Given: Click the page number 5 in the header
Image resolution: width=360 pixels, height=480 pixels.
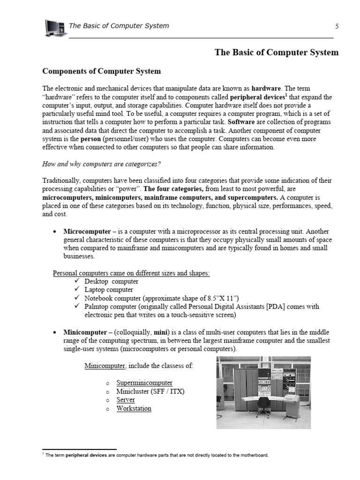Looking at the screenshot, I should (x=337, y=26).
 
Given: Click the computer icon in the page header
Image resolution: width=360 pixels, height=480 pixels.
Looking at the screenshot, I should (x=54, y=28).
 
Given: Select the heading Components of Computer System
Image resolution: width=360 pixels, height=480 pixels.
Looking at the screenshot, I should (x=102, y=71).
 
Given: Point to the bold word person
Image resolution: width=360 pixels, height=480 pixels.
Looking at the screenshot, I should (x=90, y=139).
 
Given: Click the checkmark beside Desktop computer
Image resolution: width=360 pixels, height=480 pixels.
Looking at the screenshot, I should (x=77, y=281).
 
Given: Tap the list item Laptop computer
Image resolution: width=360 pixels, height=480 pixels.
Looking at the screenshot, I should (x=109, y=290).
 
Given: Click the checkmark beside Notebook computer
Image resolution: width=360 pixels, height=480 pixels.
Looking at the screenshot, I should (x=77, y=298).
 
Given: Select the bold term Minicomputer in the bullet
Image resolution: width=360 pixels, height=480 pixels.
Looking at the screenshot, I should (x=85, y=332).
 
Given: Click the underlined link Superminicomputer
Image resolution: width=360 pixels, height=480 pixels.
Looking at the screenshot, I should (x=144, y=383).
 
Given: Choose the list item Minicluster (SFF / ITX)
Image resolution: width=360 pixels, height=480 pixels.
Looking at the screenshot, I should (x=150, y=391).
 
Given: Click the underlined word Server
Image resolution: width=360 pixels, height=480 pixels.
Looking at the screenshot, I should (x=126, y=400).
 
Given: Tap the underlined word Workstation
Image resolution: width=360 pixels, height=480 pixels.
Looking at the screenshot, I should (x=134, y=408).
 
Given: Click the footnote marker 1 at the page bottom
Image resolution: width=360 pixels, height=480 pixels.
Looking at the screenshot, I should (x=43, y=454).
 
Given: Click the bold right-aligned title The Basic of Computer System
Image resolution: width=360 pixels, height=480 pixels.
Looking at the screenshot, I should (x=276, y=52).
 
